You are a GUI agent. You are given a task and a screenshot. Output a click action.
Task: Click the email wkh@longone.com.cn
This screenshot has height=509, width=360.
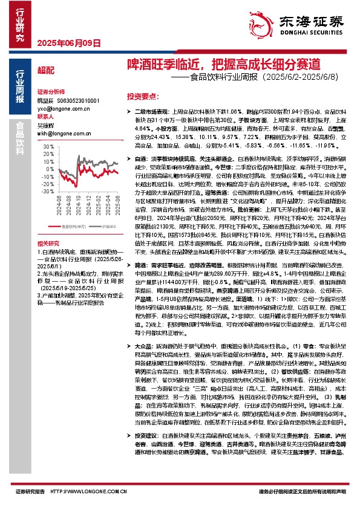click(59, 131)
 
